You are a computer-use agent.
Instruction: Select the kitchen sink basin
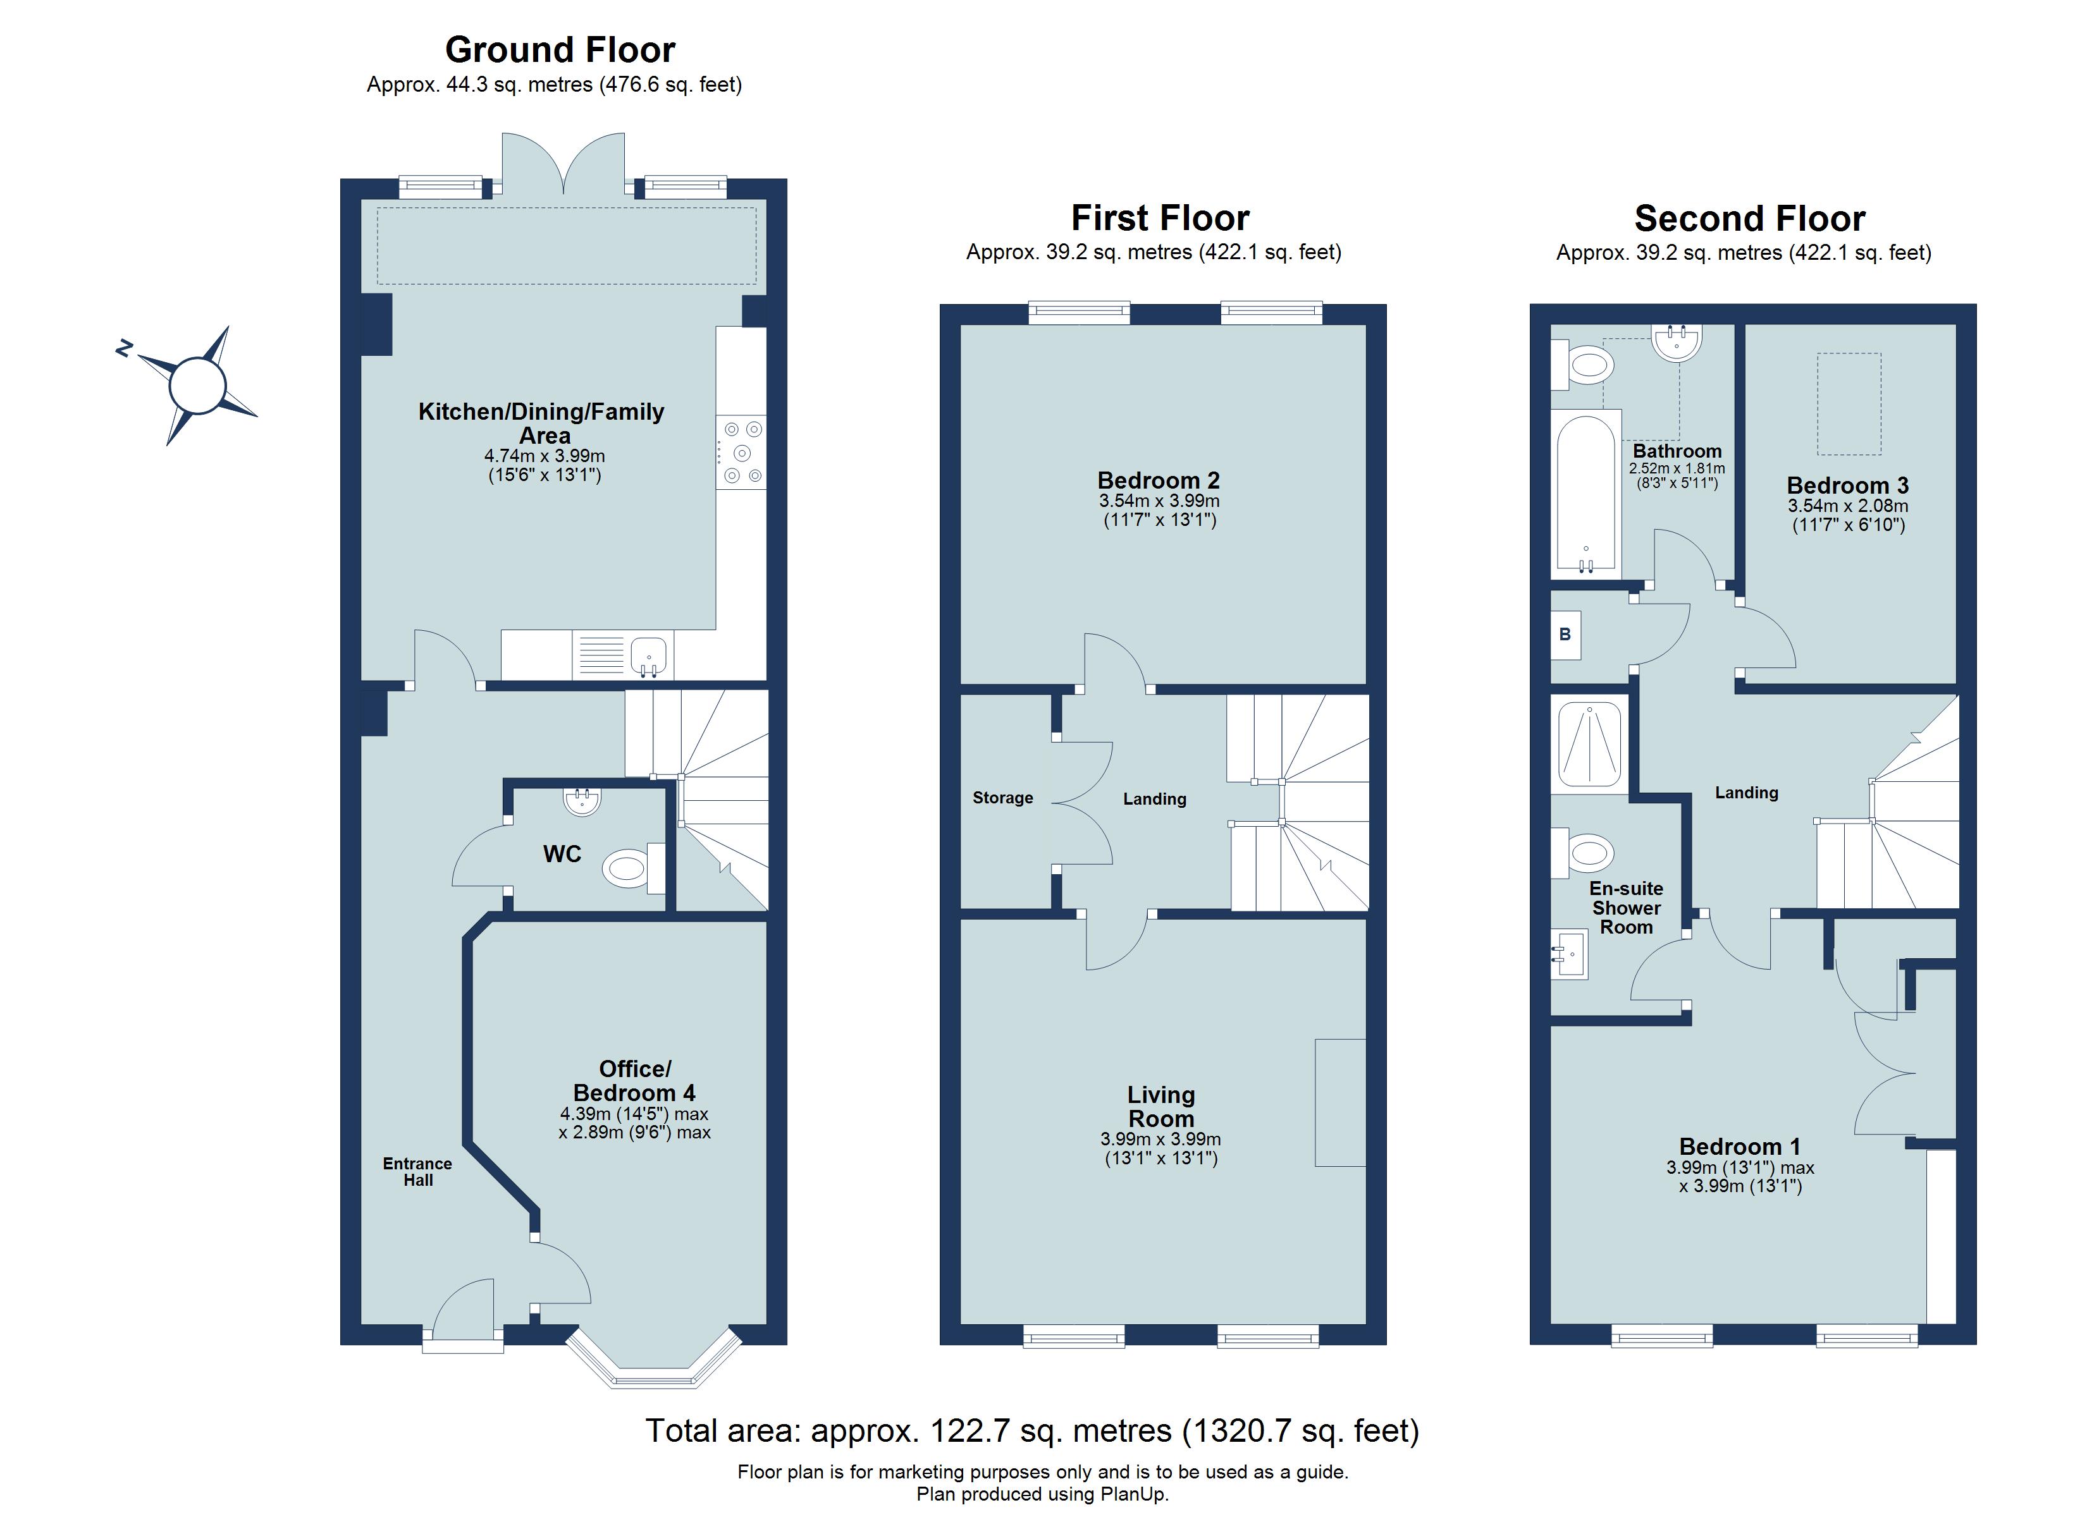[649, 654]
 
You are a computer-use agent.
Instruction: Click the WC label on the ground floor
[562, 854]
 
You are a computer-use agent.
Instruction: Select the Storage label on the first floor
[1002, 798]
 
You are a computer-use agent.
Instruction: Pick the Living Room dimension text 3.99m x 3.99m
[1160, 1139]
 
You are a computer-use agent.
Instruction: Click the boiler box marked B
[1565, 634]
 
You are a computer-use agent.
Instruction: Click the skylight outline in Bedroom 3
[1848, 404]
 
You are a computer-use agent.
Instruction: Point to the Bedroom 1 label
[1739, 1146]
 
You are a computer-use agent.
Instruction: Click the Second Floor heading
[1749, 219]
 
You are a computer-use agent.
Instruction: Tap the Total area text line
[1031, 1430]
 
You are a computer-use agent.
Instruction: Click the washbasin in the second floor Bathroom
[1677, 342]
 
